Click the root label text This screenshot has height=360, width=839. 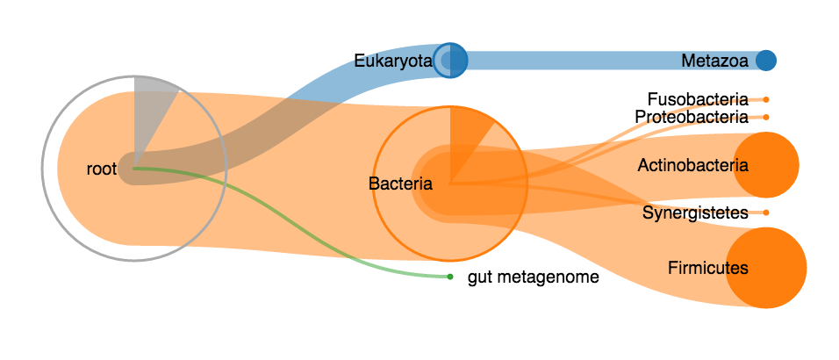coord(102,169)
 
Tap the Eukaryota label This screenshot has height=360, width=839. coord(393,61)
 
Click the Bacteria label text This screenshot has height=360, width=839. coord(400,184)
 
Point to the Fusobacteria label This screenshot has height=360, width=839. coord(698,99)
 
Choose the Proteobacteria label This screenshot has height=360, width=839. coord(692,117)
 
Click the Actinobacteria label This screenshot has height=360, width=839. coord(693,165)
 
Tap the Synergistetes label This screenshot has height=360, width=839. coord(695,212)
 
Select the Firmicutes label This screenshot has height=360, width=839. coord(708,267)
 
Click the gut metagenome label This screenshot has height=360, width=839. coord(533,277)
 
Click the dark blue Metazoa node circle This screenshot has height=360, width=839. coord(766,61)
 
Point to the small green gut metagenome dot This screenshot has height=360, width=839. coord(449,277)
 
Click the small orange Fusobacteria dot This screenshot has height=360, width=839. coord(766,99)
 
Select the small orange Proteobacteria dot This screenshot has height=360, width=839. coord(766,117)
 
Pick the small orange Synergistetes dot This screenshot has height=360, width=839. coord(766,212)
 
